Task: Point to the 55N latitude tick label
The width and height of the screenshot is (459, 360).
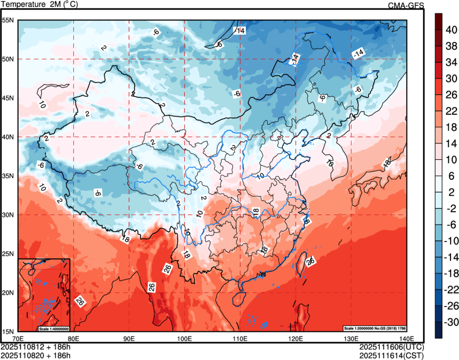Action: tap(7, 20)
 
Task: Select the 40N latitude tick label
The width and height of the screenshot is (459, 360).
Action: tap(7, 137)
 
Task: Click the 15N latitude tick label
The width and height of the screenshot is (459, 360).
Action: tap(7, 331)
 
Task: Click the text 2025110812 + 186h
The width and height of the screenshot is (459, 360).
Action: tap(36, 347)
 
